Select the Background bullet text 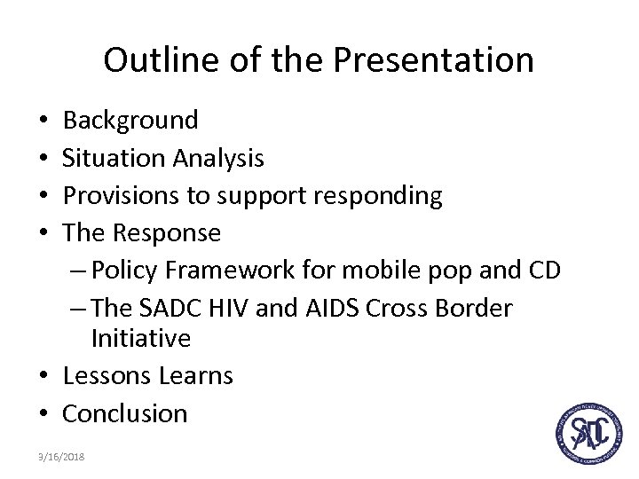(130, 120)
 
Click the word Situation (113, 158)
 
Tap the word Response (166, 232)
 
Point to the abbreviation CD (542, 271)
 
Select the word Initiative (140, 338)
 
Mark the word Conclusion (125, 413)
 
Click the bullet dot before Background (44, 121)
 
